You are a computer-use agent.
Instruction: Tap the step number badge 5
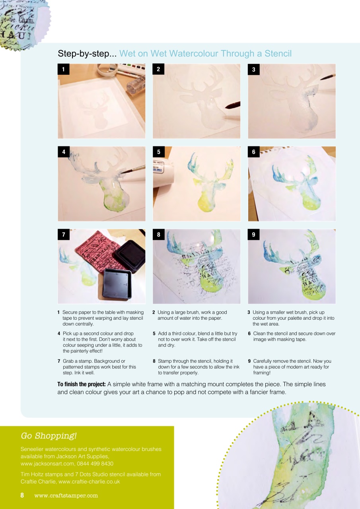click(158, 152)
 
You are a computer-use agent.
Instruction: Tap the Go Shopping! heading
click(49, 436)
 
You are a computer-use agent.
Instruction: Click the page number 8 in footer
click(23, 495)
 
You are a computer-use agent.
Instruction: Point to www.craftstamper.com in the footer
click(66, 495)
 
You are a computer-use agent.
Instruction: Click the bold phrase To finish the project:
click(81, 385)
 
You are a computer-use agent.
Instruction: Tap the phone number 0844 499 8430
click(95, 463)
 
